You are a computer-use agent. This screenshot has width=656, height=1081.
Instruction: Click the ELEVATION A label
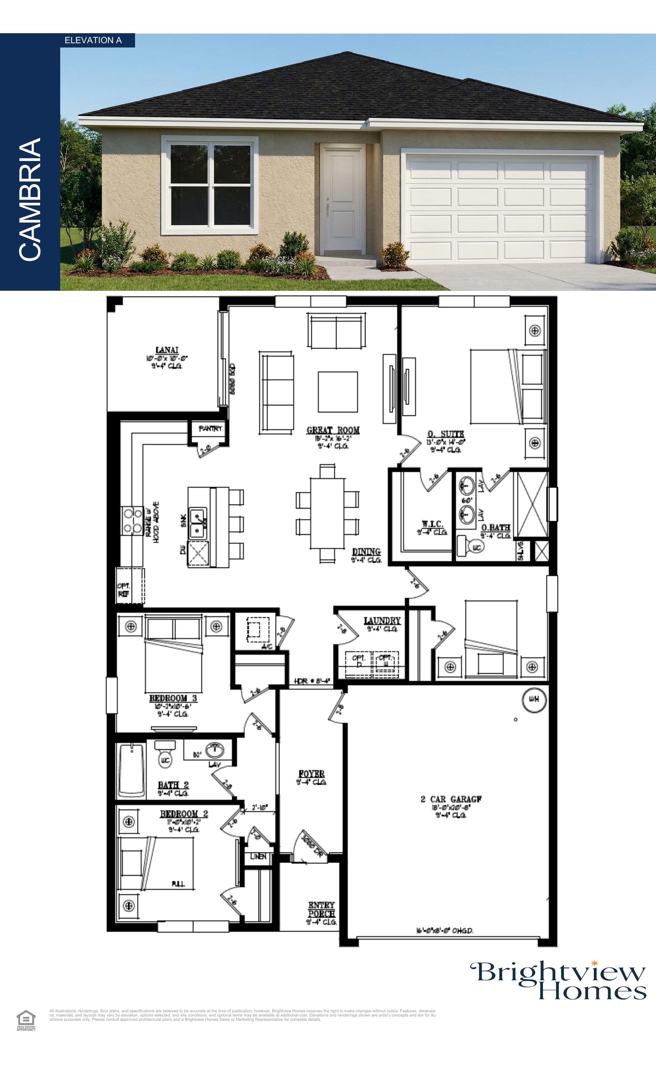[x=93, y=41]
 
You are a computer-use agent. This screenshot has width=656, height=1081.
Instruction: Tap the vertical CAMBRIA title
[x=30, y=200]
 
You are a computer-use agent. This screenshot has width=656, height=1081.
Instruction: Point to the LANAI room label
[x=167, y=350]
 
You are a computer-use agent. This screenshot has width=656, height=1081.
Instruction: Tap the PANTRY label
[x=210, y=429]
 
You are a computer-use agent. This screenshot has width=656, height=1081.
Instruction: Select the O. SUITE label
[x=446, y=434]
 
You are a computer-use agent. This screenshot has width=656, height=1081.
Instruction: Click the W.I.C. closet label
[x=432, y=524]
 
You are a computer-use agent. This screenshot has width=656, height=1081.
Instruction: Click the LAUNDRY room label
[x=382, y=621]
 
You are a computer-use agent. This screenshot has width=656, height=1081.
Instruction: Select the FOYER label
[x=311, y=774]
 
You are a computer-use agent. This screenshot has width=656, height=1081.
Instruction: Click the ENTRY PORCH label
[x=321, y=910]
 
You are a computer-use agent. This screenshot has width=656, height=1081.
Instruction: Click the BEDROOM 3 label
[x=173, y=698]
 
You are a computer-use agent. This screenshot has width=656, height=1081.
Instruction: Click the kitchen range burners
[x=132, y=521]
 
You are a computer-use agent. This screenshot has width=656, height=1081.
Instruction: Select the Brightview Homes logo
[x=559, y=981]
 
